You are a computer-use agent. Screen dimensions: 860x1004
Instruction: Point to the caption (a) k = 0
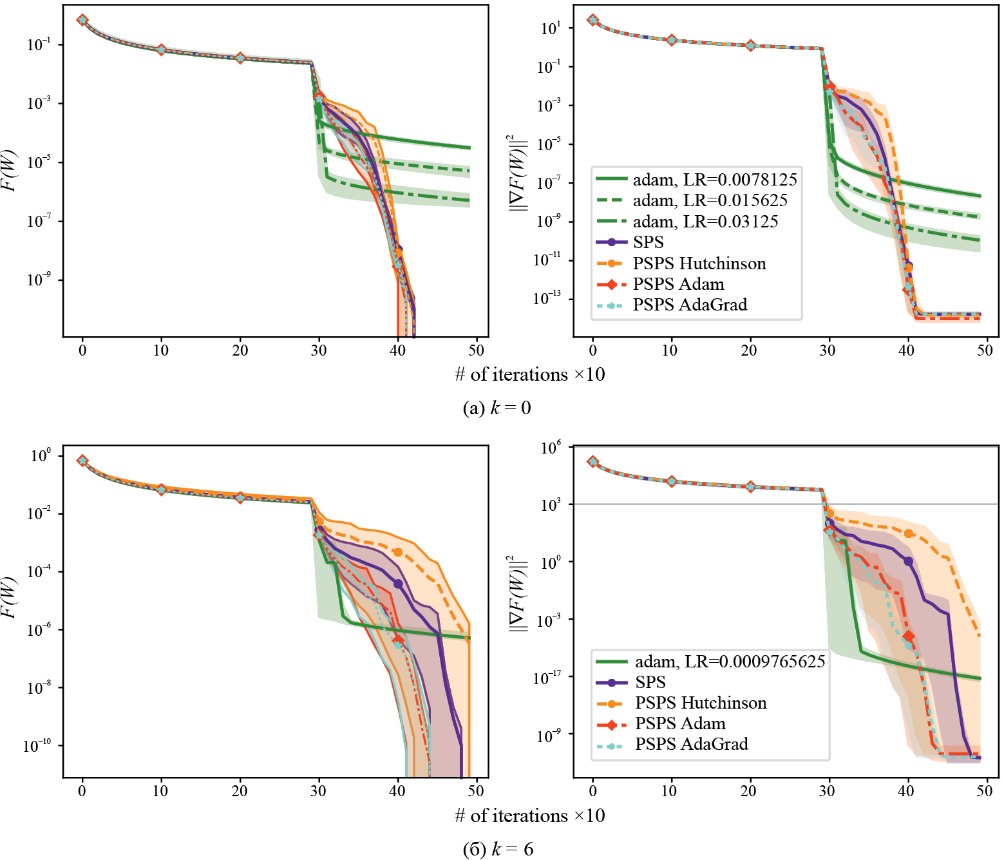497,408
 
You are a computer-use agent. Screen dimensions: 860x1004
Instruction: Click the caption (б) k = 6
498,849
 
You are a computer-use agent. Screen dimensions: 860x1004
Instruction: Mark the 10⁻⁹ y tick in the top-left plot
39,280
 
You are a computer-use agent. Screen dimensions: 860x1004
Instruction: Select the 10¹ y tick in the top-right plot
551,28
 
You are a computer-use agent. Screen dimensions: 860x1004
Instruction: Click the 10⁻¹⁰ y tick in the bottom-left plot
37,746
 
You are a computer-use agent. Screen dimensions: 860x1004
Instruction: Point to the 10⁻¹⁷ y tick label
547,677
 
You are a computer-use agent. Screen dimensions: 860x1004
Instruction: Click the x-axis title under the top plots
529,374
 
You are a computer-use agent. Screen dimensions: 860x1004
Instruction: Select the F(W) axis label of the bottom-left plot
9,598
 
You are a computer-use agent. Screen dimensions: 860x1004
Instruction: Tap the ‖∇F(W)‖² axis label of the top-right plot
517,172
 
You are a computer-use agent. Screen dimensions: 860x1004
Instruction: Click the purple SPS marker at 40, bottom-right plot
908,561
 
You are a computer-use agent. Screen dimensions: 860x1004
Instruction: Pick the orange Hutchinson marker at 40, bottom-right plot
908,533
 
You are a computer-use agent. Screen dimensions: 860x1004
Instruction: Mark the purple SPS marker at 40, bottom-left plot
398,584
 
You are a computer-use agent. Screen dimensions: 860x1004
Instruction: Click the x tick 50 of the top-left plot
477,350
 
